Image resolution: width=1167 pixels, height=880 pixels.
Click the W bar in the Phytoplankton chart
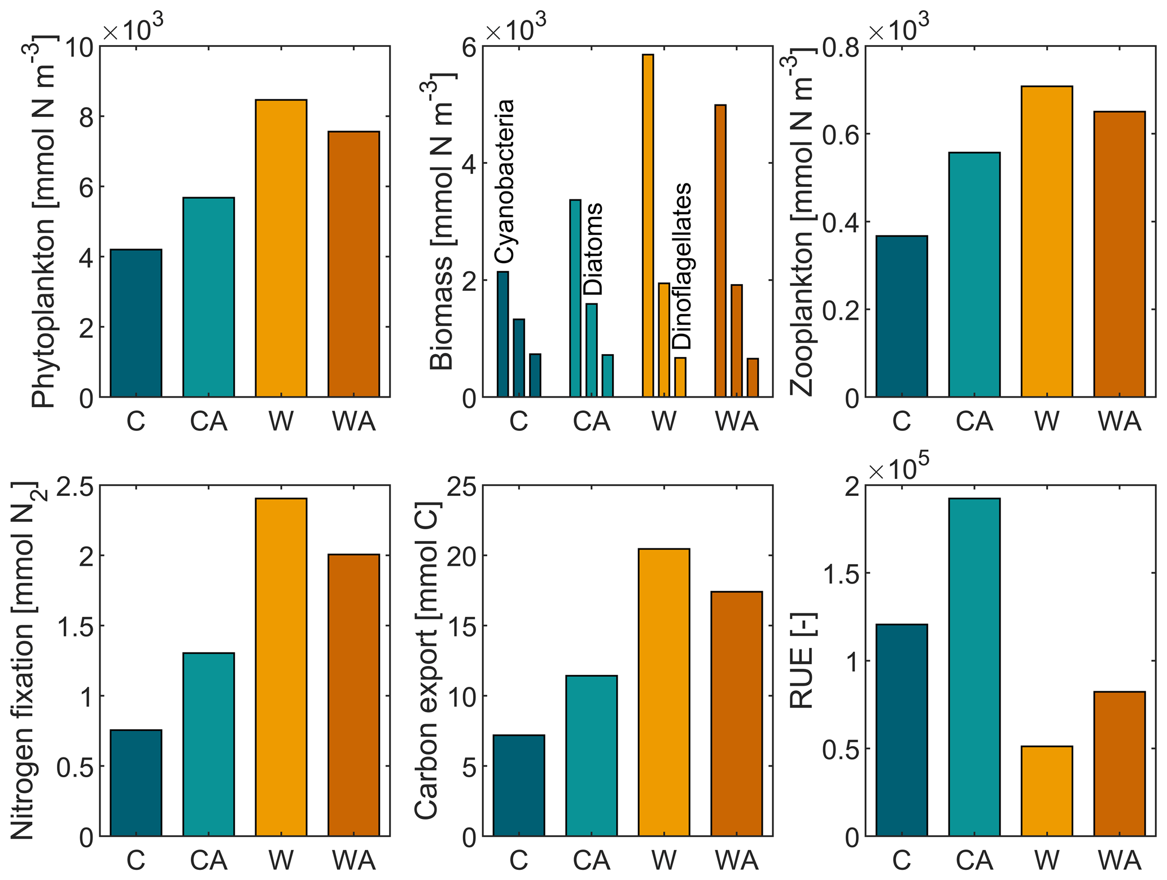pos(281,249)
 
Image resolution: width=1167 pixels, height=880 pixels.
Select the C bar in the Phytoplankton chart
pos(136,323)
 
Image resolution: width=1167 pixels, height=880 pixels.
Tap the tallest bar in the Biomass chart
pos(648,226)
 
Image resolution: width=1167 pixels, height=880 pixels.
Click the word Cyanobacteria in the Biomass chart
pos(505,181)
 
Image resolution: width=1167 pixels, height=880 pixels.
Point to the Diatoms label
pos(593,249)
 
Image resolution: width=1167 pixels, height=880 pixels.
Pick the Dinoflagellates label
pos(682,266)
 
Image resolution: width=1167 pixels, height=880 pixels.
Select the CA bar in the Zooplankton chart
pos(974,275)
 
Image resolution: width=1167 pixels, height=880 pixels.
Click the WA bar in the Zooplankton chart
pos(1119,254)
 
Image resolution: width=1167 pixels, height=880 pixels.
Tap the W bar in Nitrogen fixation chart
pos(281,667)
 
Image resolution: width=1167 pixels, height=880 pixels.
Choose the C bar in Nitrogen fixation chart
pos(136,783)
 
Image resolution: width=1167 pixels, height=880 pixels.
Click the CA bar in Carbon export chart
pos(591,756)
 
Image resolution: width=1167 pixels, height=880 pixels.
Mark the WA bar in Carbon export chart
pos(736,714)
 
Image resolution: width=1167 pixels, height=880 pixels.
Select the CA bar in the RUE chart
pos(974,667)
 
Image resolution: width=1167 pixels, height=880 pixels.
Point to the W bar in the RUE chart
pos(1047,791)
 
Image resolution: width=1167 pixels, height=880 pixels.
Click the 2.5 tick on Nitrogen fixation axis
pos(76,486)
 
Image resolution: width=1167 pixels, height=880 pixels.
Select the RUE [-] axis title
pos(802,661)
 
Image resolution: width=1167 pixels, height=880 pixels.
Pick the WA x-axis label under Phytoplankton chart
pos(353,421)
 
